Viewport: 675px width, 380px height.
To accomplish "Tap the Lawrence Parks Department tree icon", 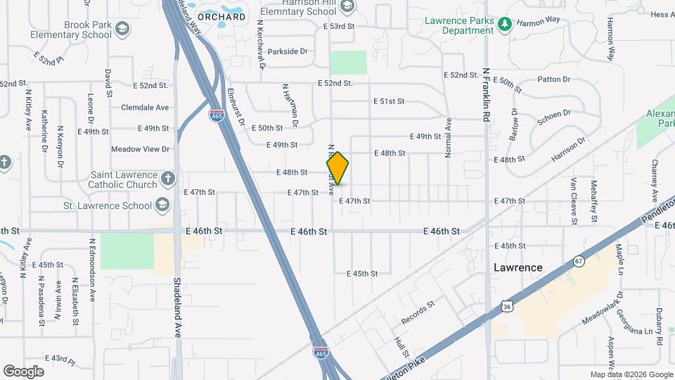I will pyautogui.click(x=504, y=25).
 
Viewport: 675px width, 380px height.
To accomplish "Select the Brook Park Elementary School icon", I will pyautogui.click(x=123, y=29).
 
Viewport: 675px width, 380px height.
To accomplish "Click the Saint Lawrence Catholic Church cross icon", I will pyautogui.click(x=167, y=178).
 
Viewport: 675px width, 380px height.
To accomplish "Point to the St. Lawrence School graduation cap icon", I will pyautogui.click(x=162, y=205).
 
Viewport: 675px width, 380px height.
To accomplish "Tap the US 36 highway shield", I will pyautogui.click(x=507, y=305).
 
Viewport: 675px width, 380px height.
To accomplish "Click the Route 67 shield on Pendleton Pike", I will pyautogui.click(x=578, y=261).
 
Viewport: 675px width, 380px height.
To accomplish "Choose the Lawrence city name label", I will pyautogui.click(x=517, y=267).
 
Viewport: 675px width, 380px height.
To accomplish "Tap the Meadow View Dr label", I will pyautogui.click(x=141, y=149).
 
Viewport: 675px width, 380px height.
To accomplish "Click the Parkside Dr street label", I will pyautogui.click(x=288, y=51).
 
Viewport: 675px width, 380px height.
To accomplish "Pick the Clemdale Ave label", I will pyautogui.click(x=145, y=108).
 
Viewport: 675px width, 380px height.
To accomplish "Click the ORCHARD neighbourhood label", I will pyautogui.click(x=221, y=16).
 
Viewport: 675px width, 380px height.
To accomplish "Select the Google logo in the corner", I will pyautogui.click(x=23, y=371).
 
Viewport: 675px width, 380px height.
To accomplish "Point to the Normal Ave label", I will pyautogui.click(x=447, y=138).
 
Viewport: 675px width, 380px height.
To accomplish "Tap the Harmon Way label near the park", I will pyautogui.click(x=539, y=21).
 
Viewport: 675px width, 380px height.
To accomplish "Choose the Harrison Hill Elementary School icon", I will pyautogui.click(x=346, y=6).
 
